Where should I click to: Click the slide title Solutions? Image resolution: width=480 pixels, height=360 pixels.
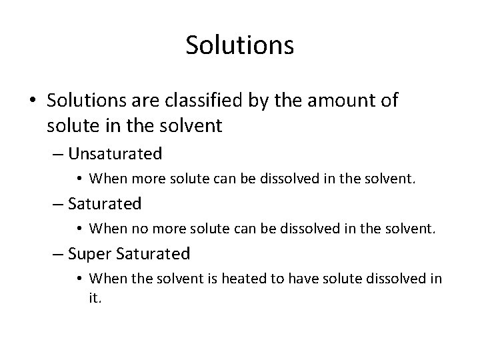(240, 45)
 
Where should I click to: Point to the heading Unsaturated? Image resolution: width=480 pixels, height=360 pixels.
(115, 154)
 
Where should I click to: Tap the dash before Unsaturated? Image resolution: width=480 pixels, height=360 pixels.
(58, 155)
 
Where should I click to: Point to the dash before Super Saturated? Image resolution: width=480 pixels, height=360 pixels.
(58, 254)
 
